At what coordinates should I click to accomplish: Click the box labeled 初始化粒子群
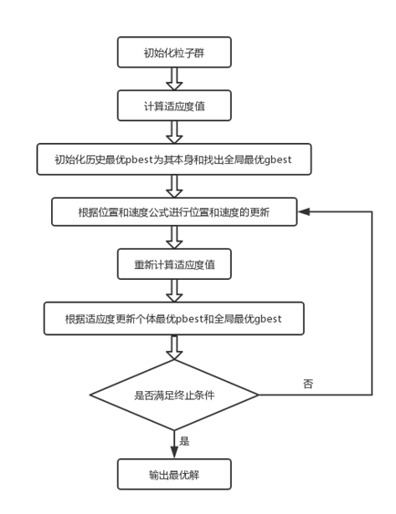pyautogui.click(x=173, y=52)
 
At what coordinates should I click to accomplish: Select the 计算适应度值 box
pyautogui.click(x=173, y=106)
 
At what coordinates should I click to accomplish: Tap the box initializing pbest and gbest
pyautogui.click(x=173, y=159)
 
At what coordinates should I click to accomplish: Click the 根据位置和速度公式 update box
pyautogui.click(x=173, y=212)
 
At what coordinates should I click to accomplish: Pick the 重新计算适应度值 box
pyautogui.click(x=173, y=265)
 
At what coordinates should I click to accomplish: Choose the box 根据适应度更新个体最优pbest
pyautogui.click(x=173, y=319)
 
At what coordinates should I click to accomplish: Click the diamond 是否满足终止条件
pyautogui.click(x=173, y=396)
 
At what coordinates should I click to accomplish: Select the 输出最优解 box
pyautogui.click(x=173, y=474)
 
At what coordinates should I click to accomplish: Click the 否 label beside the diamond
pyautogui.click(x=307, y=384)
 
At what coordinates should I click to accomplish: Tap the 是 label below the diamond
pyautogui.click(x=184, y=441)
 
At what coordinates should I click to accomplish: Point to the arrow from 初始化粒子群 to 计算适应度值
pyautogui.click(x=173, y=78)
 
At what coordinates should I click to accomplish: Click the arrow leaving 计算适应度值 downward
pyautogui.click(x=173, y=132)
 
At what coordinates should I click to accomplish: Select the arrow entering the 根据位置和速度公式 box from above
pyautogui.click(x=173, y=186)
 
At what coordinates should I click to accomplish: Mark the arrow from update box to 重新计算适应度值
pyautogui.click(x=173, y=239)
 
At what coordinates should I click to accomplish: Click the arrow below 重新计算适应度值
pyautogui.click(x=173, y=292)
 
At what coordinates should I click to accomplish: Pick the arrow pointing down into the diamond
pyautogui.click(x=173, y=348)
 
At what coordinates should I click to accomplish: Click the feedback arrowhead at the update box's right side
pyautogui.click(x=304, y=212)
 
